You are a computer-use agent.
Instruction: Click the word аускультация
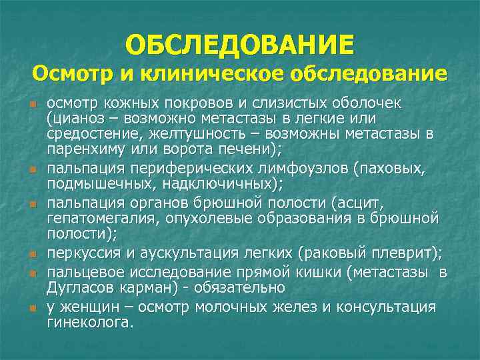coord(201,253)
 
